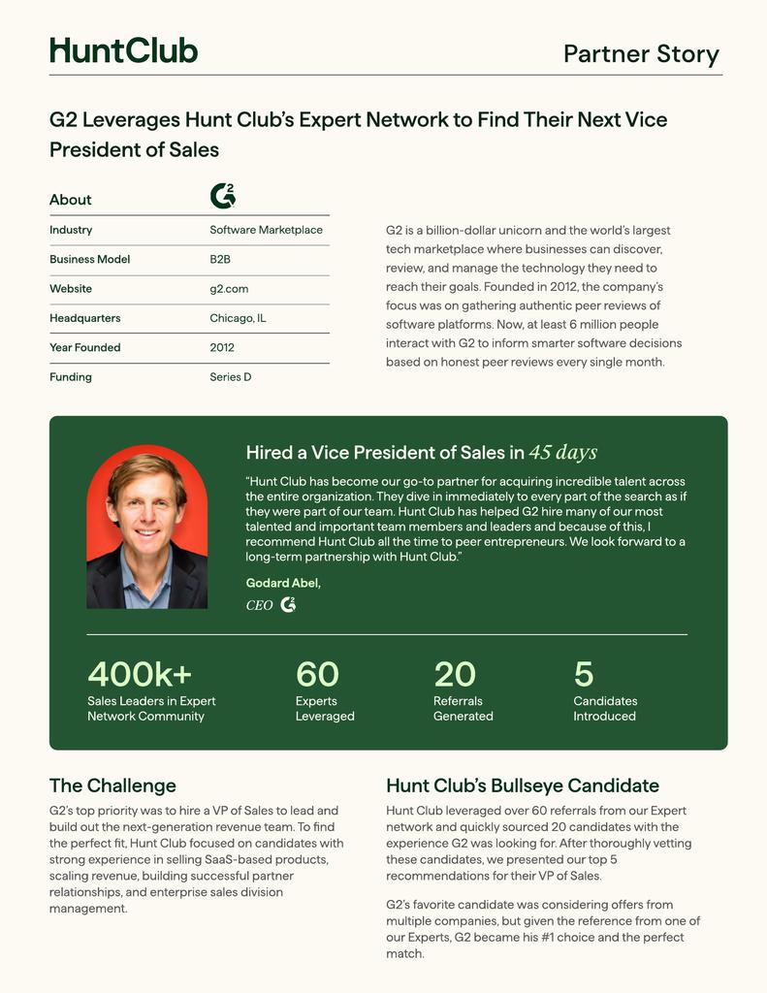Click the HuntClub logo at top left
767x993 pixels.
(x=123, y=50)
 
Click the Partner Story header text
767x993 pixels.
(x=641, y=54)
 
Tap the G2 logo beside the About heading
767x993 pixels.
(x=223, y=196)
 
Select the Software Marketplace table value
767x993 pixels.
(x=266, y=230)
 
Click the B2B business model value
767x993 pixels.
(x=220, y=260)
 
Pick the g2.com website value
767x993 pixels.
(x=229, y=289)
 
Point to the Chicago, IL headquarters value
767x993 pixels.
(x=238, y=318)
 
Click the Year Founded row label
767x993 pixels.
(x=84, y=347)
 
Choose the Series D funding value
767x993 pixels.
(x=231, y=377)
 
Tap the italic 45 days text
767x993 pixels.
(x=563, y=453)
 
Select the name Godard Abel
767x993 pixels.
(x=283, y=583)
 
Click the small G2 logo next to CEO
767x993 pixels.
(x=288, y=605)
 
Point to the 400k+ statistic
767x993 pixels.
(x=140, y=673)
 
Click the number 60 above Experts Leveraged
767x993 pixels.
(x=317, y=673)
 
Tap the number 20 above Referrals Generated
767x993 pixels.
(x=455, y=673)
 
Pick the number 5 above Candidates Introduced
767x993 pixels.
(x=583, y=673)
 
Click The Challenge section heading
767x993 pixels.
(x=112, y=785)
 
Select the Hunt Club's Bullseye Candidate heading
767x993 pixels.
(x=523, y=785)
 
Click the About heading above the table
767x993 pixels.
(x=71, y=200)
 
